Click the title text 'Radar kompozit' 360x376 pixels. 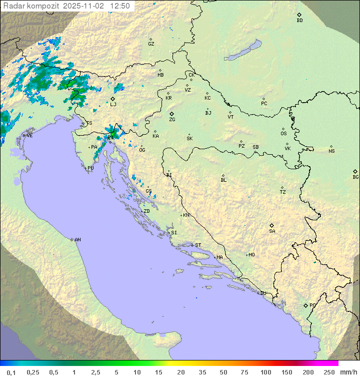pos(31,6)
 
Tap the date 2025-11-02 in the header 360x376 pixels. pos(84,6)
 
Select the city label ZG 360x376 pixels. pos(172,120)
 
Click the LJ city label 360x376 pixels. pos(113,104)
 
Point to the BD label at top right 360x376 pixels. pos(299,21)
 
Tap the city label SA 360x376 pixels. pos(272,231)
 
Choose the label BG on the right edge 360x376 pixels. pos(355,177)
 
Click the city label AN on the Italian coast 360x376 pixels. pos(77,240)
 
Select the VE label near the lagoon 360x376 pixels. pos(29,136)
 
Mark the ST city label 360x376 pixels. pos(198,245)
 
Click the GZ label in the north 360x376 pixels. pos(151,44)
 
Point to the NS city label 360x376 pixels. pos(331,151)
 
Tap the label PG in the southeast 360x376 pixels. pos(312,305)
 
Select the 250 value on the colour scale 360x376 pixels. pos(329,372)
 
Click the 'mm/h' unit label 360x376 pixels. pos(348,372)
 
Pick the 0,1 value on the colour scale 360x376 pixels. pos(11,372)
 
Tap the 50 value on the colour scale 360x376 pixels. pos(222,372)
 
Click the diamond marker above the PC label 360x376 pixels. pos(263,99)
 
